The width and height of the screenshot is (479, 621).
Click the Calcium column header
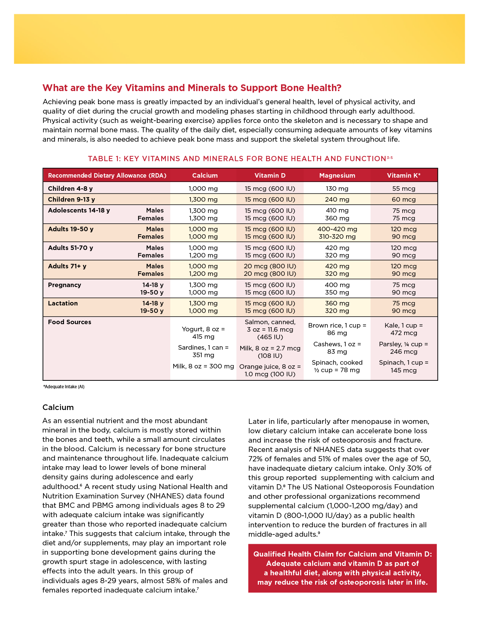205,175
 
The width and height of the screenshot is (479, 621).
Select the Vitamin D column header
270,175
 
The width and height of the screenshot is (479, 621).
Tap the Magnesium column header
337,175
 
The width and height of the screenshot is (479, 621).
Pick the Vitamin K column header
403,175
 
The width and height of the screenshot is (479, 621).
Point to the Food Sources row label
70,322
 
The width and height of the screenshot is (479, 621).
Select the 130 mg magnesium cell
337,189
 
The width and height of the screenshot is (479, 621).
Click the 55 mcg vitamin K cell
403,189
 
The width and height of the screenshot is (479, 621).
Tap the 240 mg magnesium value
337,199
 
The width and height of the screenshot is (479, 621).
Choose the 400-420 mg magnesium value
337,229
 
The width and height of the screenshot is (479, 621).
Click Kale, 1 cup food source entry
403,329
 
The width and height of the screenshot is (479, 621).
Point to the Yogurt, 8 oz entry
203,333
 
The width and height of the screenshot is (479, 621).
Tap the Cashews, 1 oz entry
337,348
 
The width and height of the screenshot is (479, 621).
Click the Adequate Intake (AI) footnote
64,387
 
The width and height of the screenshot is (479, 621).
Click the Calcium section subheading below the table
58,407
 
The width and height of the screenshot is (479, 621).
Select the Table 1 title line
240,159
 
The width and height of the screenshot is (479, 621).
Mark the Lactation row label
63,303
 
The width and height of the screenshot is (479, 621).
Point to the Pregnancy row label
64,285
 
